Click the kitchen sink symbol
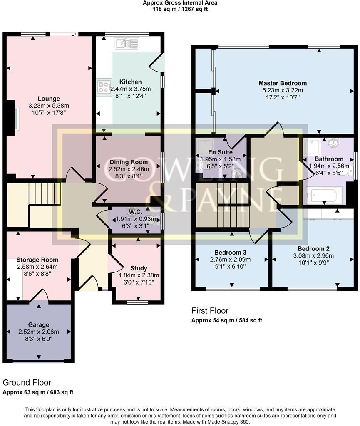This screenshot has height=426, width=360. click(x=127, y=43)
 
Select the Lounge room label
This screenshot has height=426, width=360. click(x=49, y=99)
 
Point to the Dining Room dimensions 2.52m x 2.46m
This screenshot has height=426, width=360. click(x=129, y=169)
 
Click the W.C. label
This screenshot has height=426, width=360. click(x=135, y=212)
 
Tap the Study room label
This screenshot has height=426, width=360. click(x=139, y=268)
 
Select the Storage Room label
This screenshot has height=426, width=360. click(x=37, y=260)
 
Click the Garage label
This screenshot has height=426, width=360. click(x=39, y=325)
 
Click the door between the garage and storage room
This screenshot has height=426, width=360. click(x=40, y=295)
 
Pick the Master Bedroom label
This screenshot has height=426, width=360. click(x=283, y=83)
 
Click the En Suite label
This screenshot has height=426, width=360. click(x=220, y=152)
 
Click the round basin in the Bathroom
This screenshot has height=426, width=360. click(x=333, y=143)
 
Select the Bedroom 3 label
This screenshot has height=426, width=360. click(x=231, y=253)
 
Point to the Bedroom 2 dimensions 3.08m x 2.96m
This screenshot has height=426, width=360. click(x=313, y=256)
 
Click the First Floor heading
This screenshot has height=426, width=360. click(x=210, y=310)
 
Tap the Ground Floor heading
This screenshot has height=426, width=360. click(x=27, y=383)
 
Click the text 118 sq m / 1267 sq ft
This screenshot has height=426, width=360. click(x=180, y=9)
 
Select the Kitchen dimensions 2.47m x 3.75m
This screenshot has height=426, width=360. click(x=130, y=89)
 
